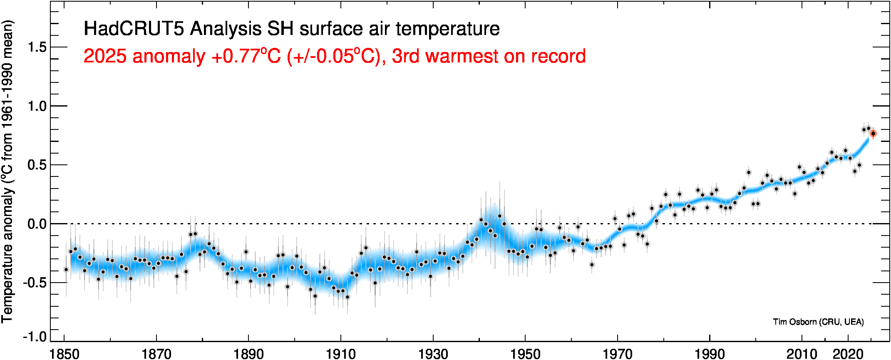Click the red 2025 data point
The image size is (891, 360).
click(x=873, y=134)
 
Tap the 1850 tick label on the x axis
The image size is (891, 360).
click(x=65, y=354)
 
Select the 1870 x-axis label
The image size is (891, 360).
click(x=156, y=354)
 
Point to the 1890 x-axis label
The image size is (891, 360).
click(x=248, y=354)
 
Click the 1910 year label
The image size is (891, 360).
click(x=341, y=354)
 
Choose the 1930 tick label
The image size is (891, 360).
click(x=433, y=354)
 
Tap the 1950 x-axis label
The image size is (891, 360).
click(x=525, y=354)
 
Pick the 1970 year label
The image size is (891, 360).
click(x=618, y=354)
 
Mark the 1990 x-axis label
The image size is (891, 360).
click(x=710, y=354)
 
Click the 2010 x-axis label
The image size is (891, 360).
click(x=802, y=354)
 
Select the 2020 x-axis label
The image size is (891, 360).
click(x=848, y=354)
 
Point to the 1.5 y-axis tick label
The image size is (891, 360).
click(x=37, y=47)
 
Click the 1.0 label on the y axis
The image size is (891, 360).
click(x=37, y=106)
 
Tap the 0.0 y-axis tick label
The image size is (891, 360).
click(x=37, y=224)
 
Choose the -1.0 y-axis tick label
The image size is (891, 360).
click(x=35, y=336)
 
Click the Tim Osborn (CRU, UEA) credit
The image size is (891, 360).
click(x=818, y=322)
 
